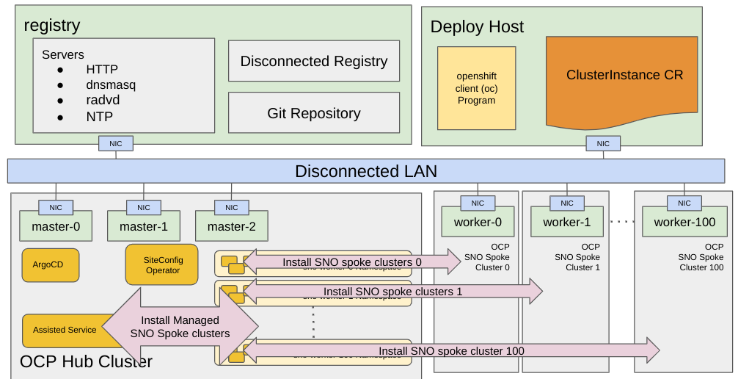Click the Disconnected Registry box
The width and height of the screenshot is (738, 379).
point(314,61)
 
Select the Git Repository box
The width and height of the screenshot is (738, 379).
point(314,113)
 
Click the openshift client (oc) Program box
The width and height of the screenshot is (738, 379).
point(476,88)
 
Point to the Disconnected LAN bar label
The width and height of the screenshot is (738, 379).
point(365,171)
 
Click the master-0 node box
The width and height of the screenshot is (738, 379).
point(56,226)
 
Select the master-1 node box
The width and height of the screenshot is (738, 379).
point(143,226)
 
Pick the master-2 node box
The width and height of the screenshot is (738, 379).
point(231,226)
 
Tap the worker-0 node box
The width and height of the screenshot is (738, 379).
point(478,222)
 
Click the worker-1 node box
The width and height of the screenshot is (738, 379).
point(566,222)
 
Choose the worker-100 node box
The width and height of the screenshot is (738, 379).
point(684,222)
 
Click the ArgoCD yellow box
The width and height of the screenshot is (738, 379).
point(51,264)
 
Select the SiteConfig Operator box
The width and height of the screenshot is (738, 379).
point(162,264)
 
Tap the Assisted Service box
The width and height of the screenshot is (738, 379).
point(64,330)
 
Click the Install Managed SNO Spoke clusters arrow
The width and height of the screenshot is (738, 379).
point(180,326)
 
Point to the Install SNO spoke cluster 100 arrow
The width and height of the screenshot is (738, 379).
point(451,351)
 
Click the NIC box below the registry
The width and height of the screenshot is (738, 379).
point(116,143)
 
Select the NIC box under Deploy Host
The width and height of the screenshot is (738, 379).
point(602,144)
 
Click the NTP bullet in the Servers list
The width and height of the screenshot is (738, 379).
point(99,116)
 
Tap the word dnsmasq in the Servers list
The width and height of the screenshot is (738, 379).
point(111,84)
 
